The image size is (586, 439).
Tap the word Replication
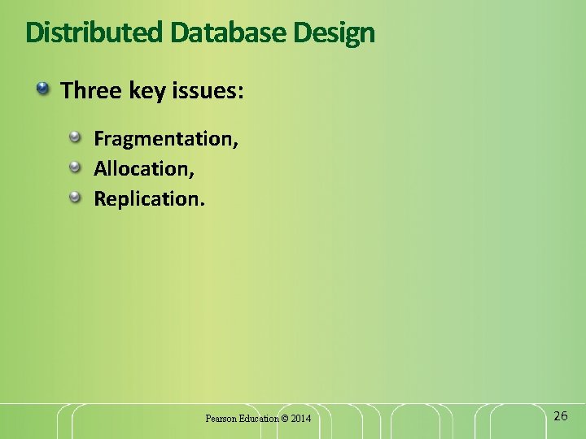147,199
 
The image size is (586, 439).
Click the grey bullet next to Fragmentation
76,137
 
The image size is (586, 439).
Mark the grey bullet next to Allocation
76,167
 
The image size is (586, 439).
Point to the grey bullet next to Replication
76,197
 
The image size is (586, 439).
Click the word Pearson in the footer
221,419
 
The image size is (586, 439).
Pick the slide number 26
560,416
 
